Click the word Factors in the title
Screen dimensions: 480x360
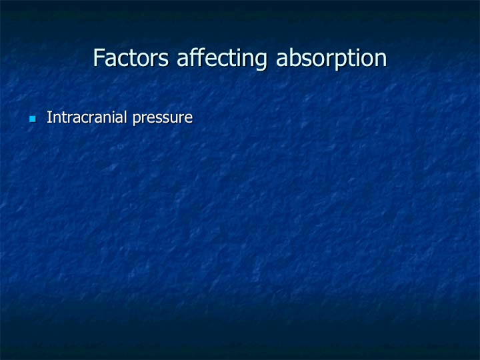point(131,57)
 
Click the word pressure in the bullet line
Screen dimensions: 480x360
point(163,119)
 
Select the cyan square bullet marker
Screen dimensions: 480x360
point(33,119)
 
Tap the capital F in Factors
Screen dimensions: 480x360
point(99,57)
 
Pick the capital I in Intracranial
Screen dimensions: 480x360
point(49,117)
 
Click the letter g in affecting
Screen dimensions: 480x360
point(261,62)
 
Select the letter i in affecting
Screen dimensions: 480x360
point(239,57)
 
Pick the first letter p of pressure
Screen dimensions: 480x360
point(137,120)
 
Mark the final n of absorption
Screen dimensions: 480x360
point(381,60)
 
